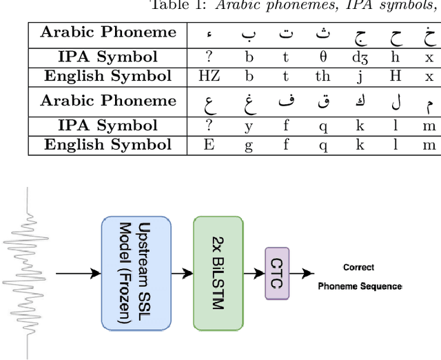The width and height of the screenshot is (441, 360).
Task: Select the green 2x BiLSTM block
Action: point(218,274)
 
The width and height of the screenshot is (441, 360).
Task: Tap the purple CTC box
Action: point(277,274)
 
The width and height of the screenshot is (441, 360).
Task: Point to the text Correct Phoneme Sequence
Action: point(359,277)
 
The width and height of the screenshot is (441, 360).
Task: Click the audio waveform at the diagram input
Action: point(26,274)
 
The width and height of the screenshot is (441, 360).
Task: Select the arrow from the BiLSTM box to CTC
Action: point(253,274)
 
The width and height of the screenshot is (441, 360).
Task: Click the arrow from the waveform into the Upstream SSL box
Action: point(78,274)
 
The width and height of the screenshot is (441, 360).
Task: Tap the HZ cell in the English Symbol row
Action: point(209,76)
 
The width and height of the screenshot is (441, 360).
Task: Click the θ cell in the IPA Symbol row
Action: point(323,57)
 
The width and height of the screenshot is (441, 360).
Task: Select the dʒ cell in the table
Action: point(359,57)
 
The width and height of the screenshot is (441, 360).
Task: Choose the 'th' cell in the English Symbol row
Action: point(323,76)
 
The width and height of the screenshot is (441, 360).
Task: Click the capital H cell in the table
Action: point(396,76)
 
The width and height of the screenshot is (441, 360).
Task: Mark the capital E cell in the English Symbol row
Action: point(209,144)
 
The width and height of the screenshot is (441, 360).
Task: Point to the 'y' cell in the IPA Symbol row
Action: point(249,126)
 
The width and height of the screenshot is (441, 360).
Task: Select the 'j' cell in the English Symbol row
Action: point(359,76)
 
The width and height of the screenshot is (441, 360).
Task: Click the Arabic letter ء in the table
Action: point(209,34)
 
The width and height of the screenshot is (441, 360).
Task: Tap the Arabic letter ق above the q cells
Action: point(323,102)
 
